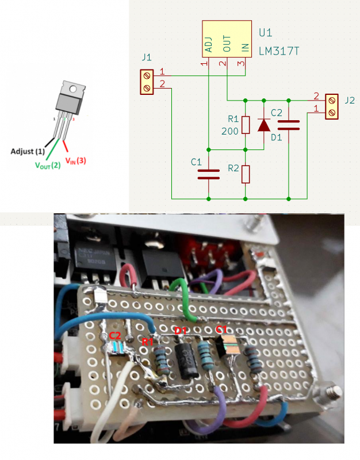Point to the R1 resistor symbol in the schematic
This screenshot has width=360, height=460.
click(x=246, y=125)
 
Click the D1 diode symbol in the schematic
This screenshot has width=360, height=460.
click(x=264, y=125)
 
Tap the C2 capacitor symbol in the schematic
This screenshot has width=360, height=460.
click(x=288, y=125)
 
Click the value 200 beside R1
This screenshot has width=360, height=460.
click(x=230, y=132)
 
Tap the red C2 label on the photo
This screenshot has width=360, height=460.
click(x=114, y=335)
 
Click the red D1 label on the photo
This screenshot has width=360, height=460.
click(x=181, y=331)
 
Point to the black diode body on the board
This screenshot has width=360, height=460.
click(x=187, y=360)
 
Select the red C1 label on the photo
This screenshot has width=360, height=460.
click(x=221, y=329)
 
